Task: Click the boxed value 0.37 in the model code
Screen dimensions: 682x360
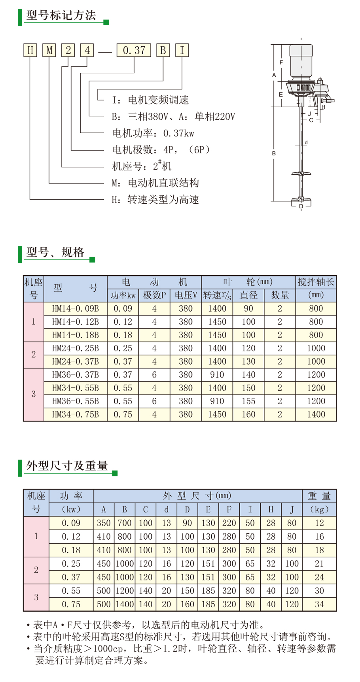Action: (x=134, y=50)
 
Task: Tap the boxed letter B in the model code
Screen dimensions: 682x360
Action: (x=163, y=50)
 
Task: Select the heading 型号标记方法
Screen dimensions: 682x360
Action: (x=61, y=15)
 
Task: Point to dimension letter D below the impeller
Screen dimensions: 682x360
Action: (x=301, y=206)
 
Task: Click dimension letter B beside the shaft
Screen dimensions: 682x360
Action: (x=274, y=153)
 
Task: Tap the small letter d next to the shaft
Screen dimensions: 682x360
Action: (x=306, y=143)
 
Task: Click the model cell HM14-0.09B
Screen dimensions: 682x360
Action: (x=76, y=309)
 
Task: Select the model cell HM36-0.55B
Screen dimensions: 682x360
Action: (x=76, y=401)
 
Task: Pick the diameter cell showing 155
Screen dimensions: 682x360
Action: (x=248, y=401)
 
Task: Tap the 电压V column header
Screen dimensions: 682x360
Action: (x=186, y=295)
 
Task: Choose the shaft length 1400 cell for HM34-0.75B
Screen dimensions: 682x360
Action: (x=316, y=415)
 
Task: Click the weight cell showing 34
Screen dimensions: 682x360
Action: (x=319, y=605)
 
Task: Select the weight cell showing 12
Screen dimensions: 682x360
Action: (x=319, y=523)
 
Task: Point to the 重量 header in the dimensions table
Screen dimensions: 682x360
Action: (x=319, y=496)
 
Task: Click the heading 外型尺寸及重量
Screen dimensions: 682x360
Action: (x=67, y=466)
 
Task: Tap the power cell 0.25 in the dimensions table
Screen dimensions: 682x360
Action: (x=71, y=564)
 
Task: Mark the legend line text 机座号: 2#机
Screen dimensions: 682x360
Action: (x=142, y=166)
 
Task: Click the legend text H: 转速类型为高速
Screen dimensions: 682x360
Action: (x=155, y=200)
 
